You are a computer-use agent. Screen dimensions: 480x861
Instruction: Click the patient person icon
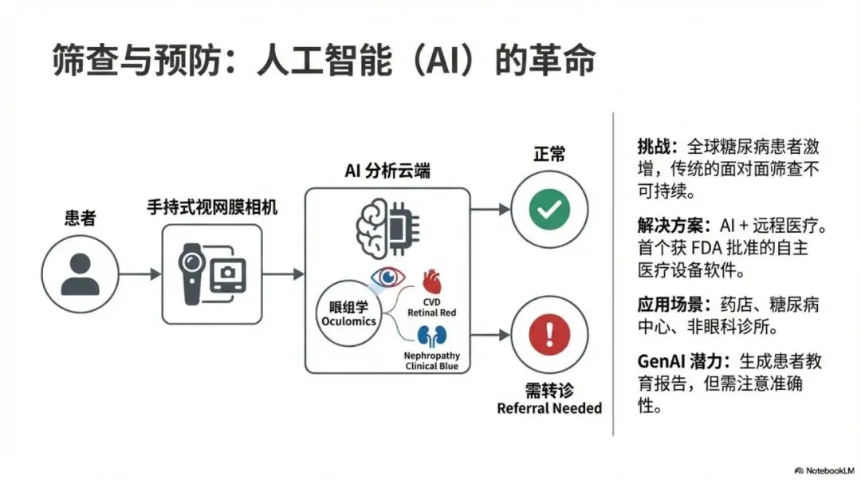[81, 274]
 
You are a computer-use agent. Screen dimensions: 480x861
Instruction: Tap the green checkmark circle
[548, 210]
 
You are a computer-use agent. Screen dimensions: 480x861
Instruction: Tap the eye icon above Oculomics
[388, 277]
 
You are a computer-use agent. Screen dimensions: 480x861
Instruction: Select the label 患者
[80, 218]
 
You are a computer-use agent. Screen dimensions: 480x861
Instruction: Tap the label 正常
[549, 153]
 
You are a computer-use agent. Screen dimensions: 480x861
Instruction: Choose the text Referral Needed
[549, 408]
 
